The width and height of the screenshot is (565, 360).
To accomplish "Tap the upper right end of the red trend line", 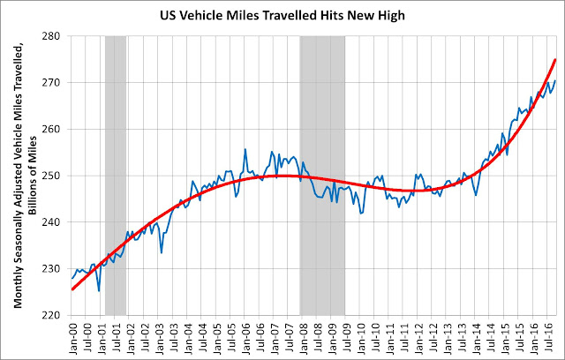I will [x=554, y=60].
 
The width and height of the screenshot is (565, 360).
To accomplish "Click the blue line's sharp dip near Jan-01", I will [x=99, y=289].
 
